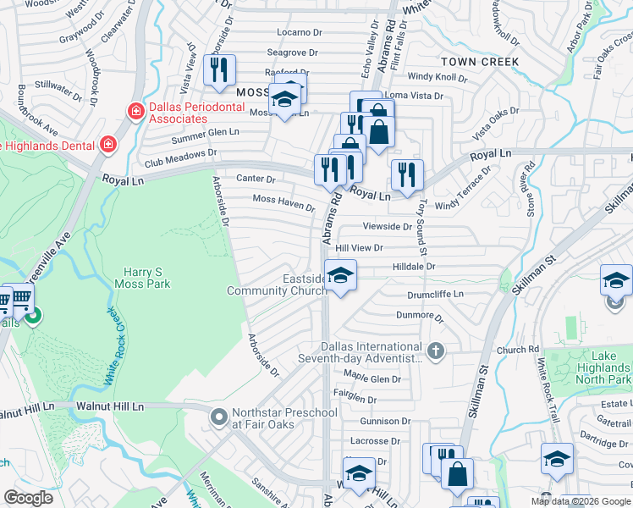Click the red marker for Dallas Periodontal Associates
click(134, 111)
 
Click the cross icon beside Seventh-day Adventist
click(435, 351)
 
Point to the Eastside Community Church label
click(277, 285)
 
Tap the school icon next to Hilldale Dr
click(341, 276)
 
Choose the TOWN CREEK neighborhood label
click(480, 62)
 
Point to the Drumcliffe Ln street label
click(436, 294)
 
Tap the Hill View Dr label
click(359, 248)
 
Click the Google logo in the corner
click(28, 498)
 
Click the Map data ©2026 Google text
click(580, 501)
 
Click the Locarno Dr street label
click(294, 32)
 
